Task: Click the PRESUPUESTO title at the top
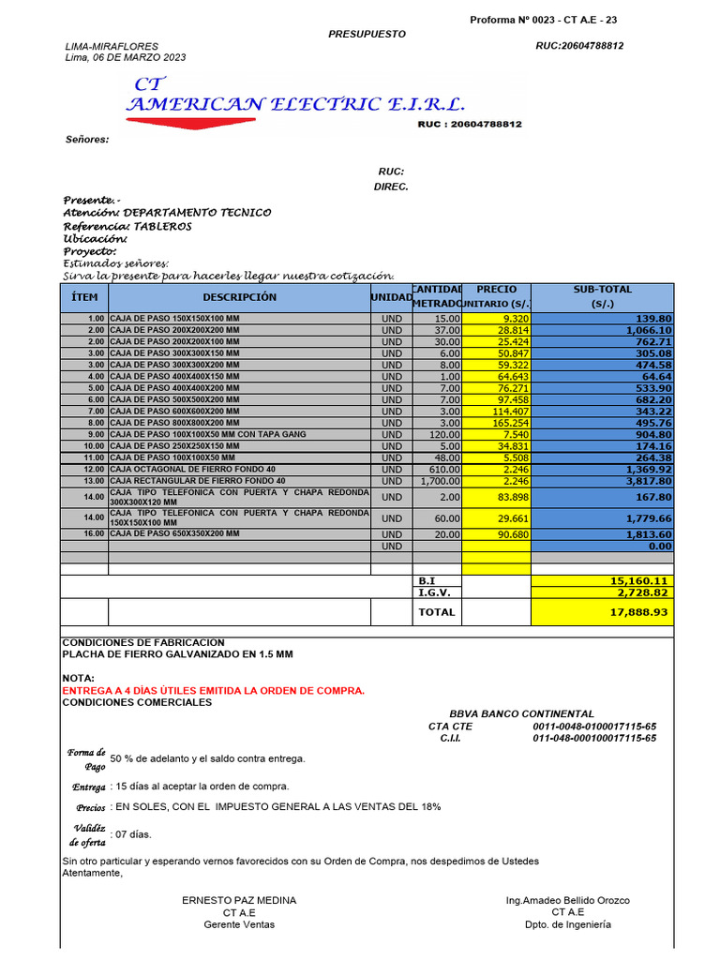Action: click(x=367, y=34)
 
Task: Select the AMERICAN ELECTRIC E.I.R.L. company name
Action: click(x=295, y=104)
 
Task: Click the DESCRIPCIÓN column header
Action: click(x=239, y=297)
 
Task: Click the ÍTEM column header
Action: click(x=84, y=297)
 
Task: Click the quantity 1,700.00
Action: click(x=440, y=481)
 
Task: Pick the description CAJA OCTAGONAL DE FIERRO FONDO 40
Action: click(x=193, y=469)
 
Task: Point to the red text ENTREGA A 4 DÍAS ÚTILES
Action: click(x=213, y=691)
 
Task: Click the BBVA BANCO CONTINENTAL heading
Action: click(x=521, y=713)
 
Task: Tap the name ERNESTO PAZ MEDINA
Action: click(x=239, y=900)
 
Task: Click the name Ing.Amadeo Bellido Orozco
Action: click(x=567, y=900)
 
